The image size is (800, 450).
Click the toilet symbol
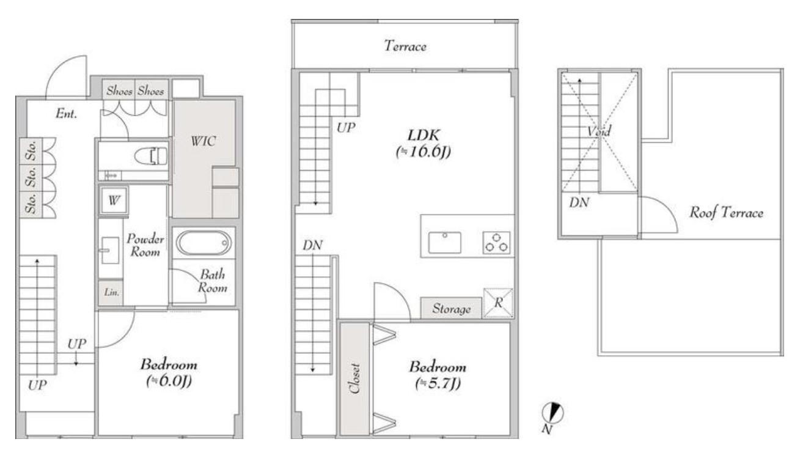click(x=151, y=156)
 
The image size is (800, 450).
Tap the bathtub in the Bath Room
click(x=204, y=243)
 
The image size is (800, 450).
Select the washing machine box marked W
click(x=114, y=201)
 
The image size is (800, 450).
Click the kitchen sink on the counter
click(x=445, y=243)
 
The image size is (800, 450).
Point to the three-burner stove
click(x=496, y=243)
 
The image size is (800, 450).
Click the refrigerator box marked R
click(x=498, y=303)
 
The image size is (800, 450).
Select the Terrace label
click(x=405, y=46)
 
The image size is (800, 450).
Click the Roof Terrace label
click(x=726, y=213)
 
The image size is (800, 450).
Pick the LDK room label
click(x=424, y=135)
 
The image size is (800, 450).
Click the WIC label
click(x=204, y=141)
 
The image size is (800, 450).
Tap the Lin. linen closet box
click(x=111, y=292)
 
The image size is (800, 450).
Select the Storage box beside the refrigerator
click(x=451, y=308)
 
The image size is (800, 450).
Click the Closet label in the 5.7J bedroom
click(x=354, y=379)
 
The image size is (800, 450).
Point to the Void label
click(x=599, y=131)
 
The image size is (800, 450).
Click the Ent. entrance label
click(x=67, y=114)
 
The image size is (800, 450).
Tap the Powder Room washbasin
click(x=110, y=250)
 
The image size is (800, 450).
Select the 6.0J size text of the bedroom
click(x=169, y=381)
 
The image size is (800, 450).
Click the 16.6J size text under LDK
click(x=424, y=152)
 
